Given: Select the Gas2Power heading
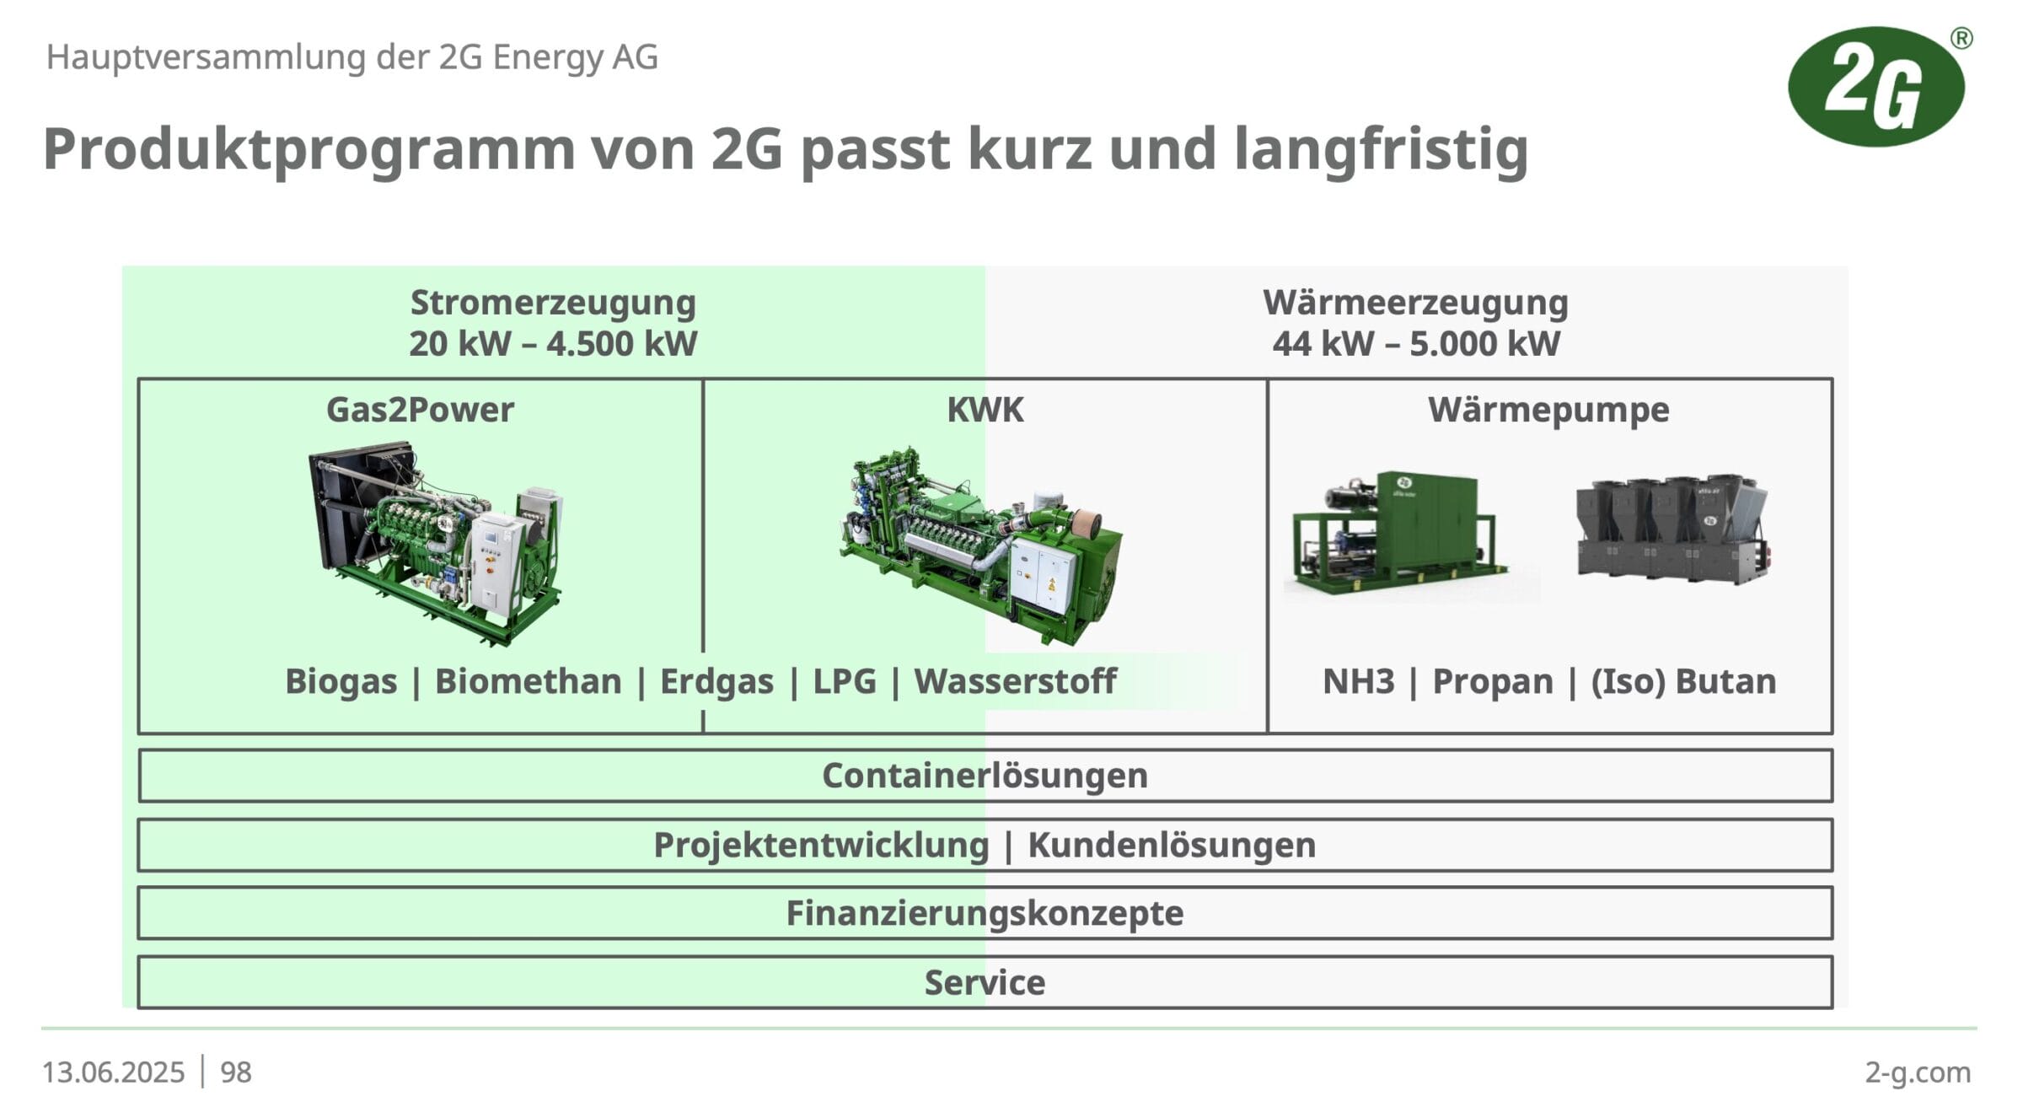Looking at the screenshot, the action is click(420, 411).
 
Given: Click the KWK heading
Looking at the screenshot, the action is click(985, 410).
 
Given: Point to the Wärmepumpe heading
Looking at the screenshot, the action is click(1548, 411).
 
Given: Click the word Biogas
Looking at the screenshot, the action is click(341, 681).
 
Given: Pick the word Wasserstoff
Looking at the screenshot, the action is click(1016, 681).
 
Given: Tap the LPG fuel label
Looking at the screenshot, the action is click(845, 681).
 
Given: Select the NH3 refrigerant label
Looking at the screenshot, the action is click(1358, 681).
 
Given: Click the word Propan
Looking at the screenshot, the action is click(1493, 682).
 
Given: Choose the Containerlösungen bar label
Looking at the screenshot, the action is click(985, 776).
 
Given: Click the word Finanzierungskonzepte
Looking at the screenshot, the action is click(985, 914).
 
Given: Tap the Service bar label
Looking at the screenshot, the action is click(985, 983).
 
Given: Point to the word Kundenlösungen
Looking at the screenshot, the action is click(1172, 846).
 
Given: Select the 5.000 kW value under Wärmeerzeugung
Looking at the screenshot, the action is click(1484, 344).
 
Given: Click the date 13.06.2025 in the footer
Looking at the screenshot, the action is click(113, 1072).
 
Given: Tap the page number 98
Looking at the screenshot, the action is click(236, 1072).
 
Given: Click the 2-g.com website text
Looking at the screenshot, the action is click(1918, 1072).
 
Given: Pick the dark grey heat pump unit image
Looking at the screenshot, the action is click(1672, 529).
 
